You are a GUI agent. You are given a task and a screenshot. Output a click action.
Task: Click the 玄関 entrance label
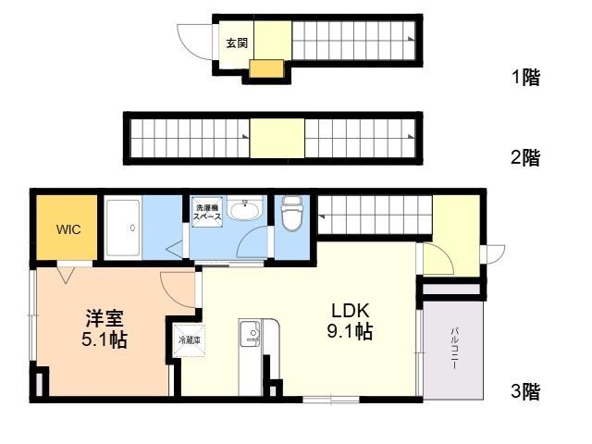pos(236,43)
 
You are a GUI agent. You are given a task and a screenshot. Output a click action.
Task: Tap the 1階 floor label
pos(524,78)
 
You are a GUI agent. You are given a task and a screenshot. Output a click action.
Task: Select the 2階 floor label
pos(524,157)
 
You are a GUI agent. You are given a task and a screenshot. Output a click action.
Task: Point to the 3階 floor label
pos(524,392)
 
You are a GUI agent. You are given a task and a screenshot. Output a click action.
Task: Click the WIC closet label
pos(68,228)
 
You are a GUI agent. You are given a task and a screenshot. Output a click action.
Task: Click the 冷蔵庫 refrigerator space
pos(188,339)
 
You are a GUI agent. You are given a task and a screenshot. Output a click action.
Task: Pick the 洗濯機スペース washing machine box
pos(207,212)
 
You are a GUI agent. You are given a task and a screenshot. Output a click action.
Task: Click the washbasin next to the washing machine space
pos(244,211)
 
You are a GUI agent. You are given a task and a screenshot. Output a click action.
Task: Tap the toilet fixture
pos(292,216)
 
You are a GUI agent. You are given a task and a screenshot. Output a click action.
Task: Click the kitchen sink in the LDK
pos(250,334)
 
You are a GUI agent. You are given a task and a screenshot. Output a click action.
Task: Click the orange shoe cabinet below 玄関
pos(265,69)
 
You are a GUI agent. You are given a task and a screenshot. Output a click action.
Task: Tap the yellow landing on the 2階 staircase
pos(277,139)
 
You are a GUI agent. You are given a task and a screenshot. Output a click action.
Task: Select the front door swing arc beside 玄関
pos(193,41)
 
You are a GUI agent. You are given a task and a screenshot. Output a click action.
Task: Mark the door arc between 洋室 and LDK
pos(179,290)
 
